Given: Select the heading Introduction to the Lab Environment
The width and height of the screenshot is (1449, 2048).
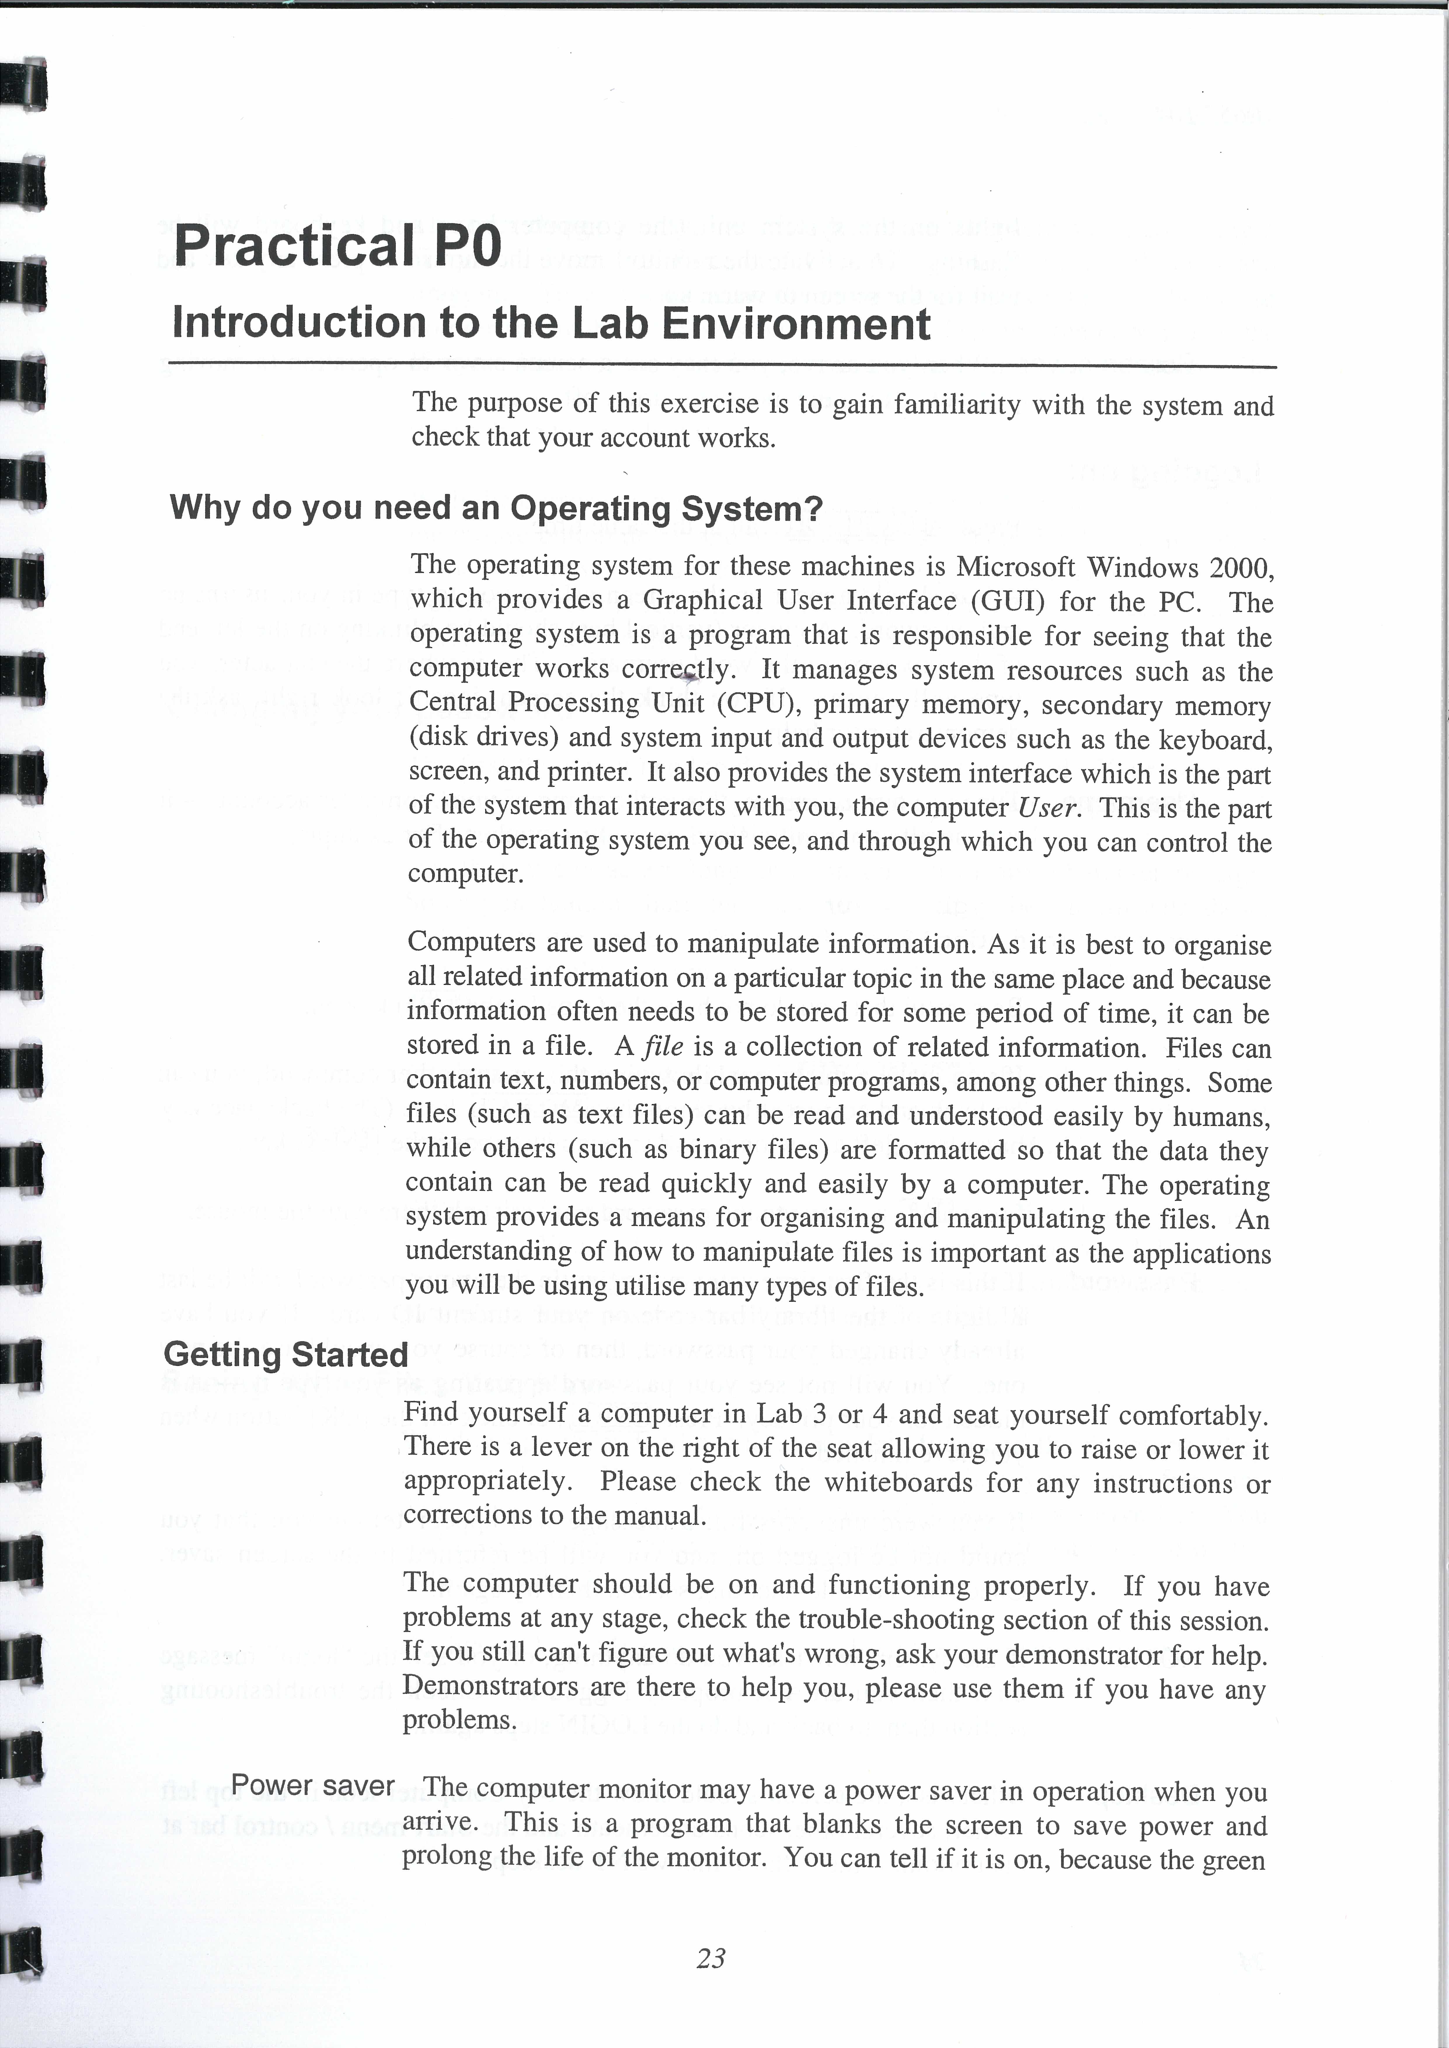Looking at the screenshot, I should point(551,323).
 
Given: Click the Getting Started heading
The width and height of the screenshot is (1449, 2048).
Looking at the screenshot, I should point(285,1354).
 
